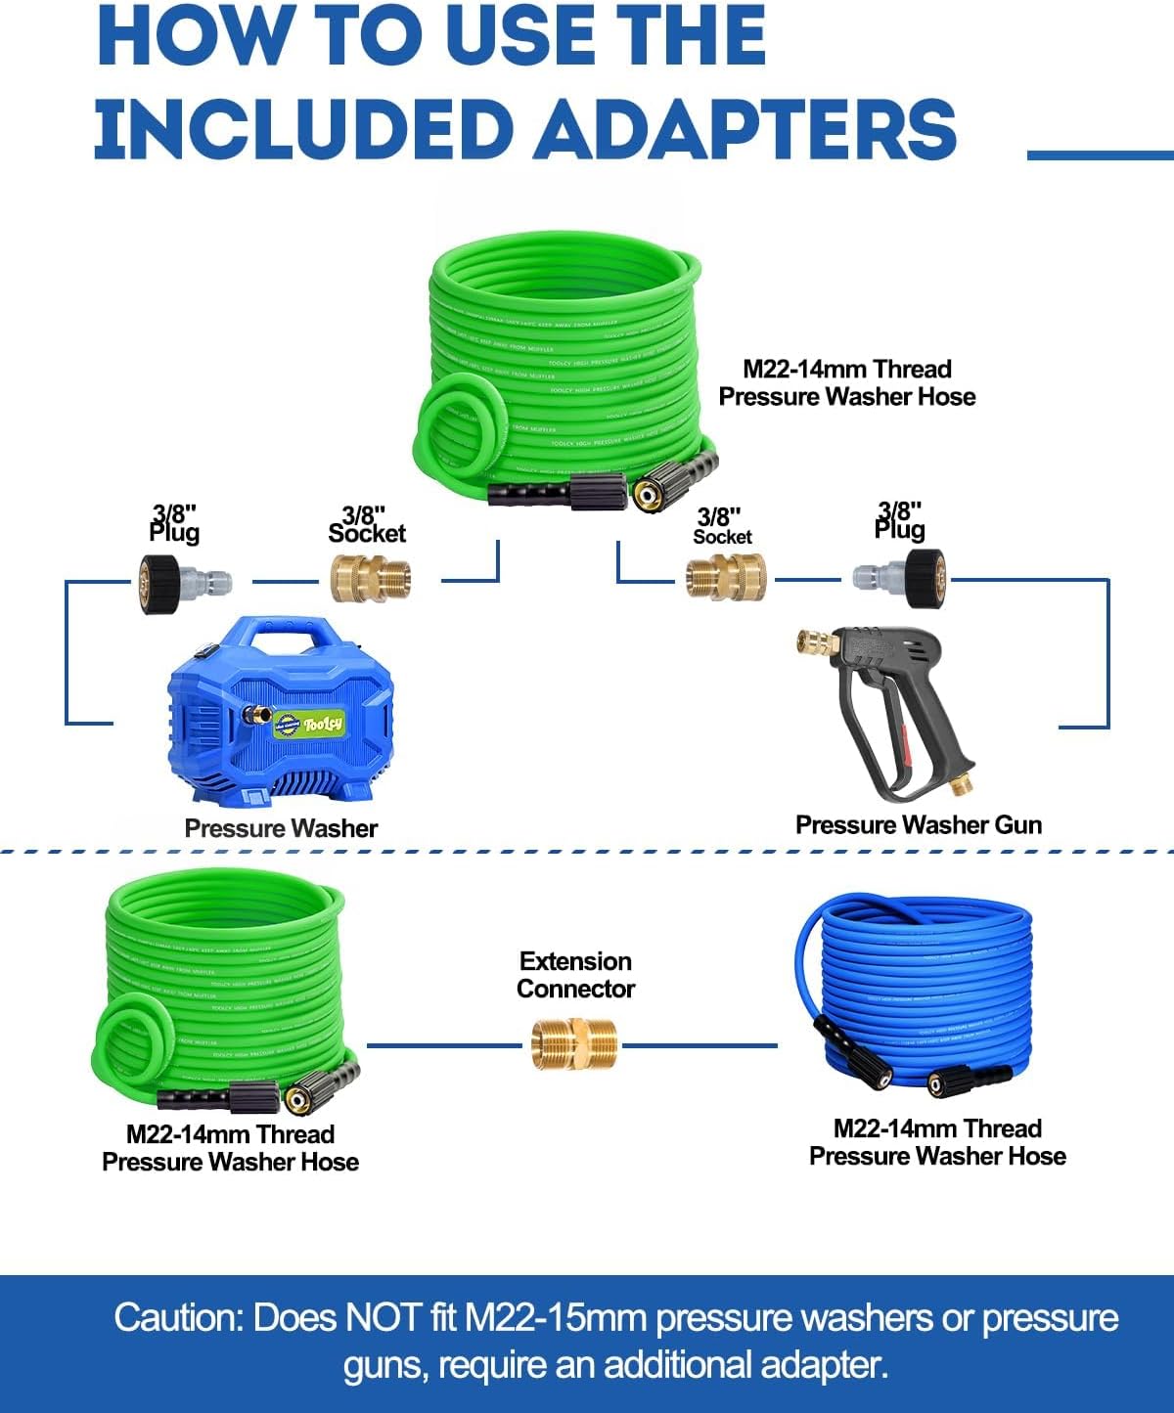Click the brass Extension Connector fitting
point(575,1044)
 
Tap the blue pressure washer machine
point(281,714)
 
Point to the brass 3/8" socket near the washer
point(369,580)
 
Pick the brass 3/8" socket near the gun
point(725,578)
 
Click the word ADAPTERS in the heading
point(744,130)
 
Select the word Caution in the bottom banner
point(177,1318)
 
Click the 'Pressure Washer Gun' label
point(918,825)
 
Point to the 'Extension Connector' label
point(575,975)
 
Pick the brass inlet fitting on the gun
point(818,644)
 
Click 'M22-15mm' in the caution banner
point(556,1318)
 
